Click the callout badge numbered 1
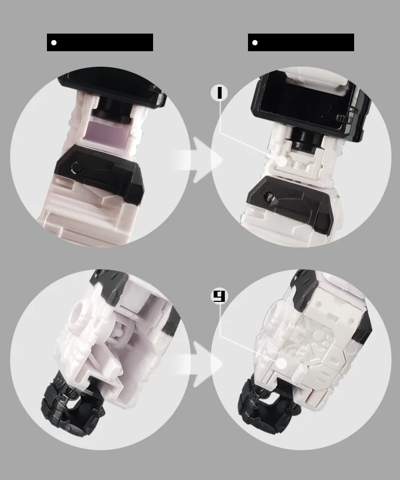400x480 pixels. [219, 93]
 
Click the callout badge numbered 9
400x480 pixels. [219, 296]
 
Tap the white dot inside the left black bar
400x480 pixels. [54, 43]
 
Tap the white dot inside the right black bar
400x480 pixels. [255, 43]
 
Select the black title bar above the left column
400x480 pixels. [100, 42]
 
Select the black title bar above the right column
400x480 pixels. [301, 42]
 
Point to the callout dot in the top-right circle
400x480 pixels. [282, 161]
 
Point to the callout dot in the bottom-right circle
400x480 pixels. [282, 364]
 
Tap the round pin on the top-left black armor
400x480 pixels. [76, 167]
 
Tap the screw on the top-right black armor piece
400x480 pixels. [270, 196]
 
